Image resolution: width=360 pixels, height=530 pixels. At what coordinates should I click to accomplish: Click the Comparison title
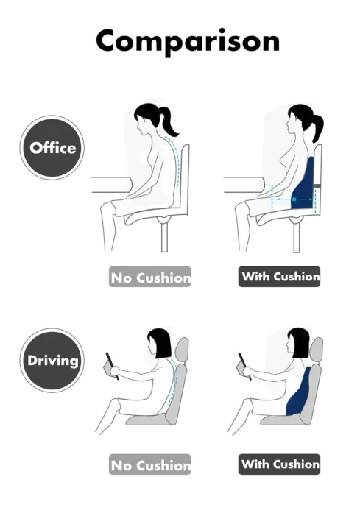coord(187,40)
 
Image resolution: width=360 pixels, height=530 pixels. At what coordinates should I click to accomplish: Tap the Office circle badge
coord(52,147)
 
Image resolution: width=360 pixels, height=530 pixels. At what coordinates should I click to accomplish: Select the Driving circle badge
coord(52,361)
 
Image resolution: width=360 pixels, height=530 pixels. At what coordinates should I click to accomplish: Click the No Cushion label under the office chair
coord(150,278)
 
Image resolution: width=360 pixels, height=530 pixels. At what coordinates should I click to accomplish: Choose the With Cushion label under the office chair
coord(280,277)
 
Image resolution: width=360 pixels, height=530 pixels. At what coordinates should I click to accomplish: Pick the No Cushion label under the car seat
coord(150,464)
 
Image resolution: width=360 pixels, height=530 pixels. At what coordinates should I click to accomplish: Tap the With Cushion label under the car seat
coord(280,464)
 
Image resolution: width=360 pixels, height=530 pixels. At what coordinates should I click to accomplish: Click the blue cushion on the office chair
coord(305,188)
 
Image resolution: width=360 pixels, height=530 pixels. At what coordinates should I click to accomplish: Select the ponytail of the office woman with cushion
coord(317,127)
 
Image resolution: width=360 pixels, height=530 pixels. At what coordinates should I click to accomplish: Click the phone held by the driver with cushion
coord(242,364)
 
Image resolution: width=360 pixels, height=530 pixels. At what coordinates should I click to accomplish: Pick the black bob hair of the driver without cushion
coord(160,343)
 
